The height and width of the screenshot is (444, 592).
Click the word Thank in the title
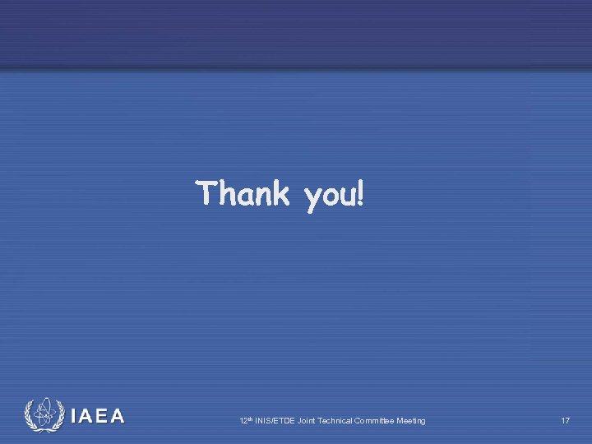coord(243,194)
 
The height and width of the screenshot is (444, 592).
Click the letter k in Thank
coord(281,194)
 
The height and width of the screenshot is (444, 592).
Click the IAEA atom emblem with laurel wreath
coord(44,415)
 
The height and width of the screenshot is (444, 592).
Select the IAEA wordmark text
coord(98,416)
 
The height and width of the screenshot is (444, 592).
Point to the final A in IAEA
coord(118,416)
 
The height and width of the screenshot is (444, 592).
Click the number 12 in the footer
coord(243,421)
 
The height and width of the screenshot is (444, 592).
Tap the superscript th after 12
coord(249,419)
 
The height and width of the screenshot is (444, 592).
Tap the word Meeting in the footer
coord(411,421)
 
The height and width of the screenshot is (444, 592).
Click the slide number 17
coord(565,421)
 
